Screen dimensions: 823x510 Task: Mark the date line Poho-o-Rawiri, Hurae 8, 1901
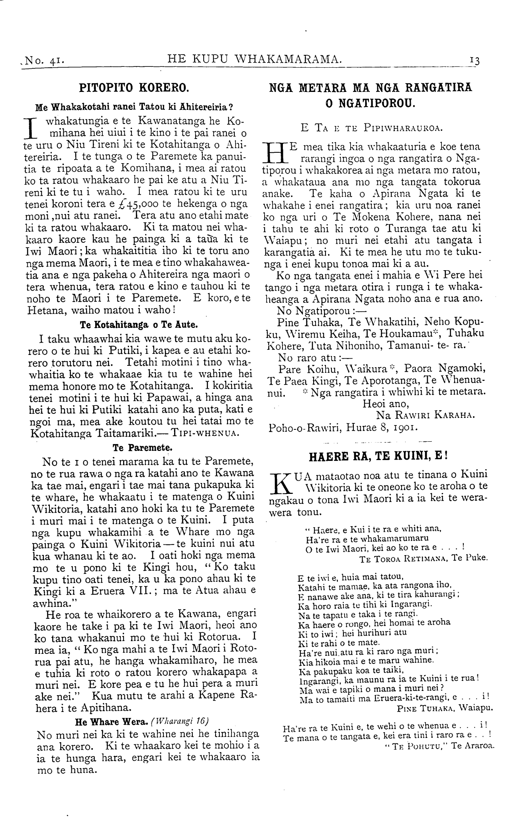coord(343,428)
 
